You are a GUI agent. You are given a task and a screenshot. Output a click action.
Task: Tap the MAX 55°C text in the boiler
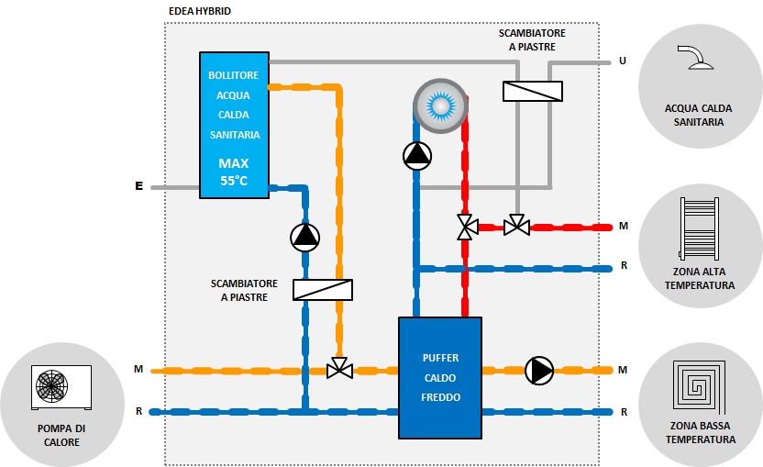coord(233,172)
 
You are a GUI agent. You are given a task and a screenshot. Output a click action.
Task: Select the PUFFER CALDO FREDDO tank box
coord(440,377)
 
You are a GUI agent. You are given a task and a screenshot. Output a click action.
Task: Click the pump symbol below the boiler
coord(305,238)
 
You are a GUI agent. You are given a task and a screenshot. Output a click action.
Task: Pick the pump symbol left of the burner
coord(417,156)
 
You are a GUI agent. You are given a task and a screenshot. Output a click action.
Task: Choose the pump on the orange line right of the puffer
coord(539,370)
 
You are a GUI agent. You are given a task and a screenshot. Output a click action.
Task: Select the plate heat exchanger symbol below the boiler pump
coord(323,289)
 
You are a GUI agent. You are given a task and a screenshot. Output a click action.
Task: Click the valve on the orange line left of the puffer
coord(339,371)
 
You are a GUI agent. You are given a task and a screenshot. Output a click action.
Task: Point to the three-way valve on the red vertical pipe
coord(467,226)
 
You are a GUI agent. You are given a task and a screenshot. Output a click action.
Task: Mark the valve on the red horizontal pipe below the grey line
coord(517,226)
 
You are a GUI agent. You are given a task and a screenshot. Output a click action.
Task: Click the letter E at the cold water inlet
coord(138,187)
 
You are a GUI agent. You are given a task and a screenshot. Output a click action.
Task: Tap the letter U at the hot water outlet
coord(623,61)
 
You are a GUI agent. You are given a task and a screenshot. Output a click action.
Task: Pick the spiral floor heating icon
coord(700,389)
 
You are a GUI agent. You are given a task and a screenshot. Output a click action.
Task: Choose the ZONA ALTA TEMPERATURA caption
coord(700,278)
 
